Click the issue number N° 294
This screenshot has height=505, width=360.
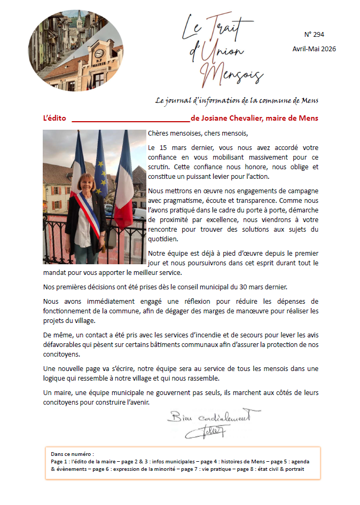tap(314, 35)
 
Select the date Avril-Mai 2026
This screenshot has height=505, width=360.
tap(314, 49)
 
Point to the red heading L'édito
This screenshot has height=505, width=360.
tap(54, 118)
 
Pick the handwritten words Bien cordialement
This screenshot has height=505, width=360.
tap(214, 417)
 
